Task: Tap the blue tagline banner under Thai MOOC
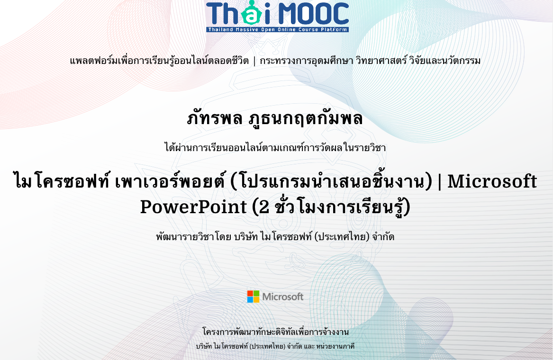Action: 278,30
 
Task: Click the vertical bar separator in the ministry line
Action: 254,61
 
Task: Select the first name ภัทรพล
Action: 215,118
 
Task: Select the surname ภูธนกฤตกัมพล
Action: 306,118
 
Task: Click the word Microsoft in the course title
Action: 492,181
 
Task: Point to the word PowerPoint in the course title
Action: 193,207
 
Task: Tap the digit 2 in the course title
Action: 264,207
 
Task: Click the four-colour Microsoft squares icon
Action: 253,297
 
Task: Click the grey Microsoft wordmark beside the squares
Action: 282,297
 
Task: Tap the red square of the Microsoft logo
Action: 250,293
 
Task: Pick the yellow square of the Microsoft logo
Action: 256,300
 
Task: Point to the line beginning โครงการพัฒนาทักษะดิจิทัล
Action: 275,332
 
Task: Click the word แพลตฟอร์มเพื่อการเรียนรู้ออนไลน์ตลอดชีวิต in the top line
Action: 159,61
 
